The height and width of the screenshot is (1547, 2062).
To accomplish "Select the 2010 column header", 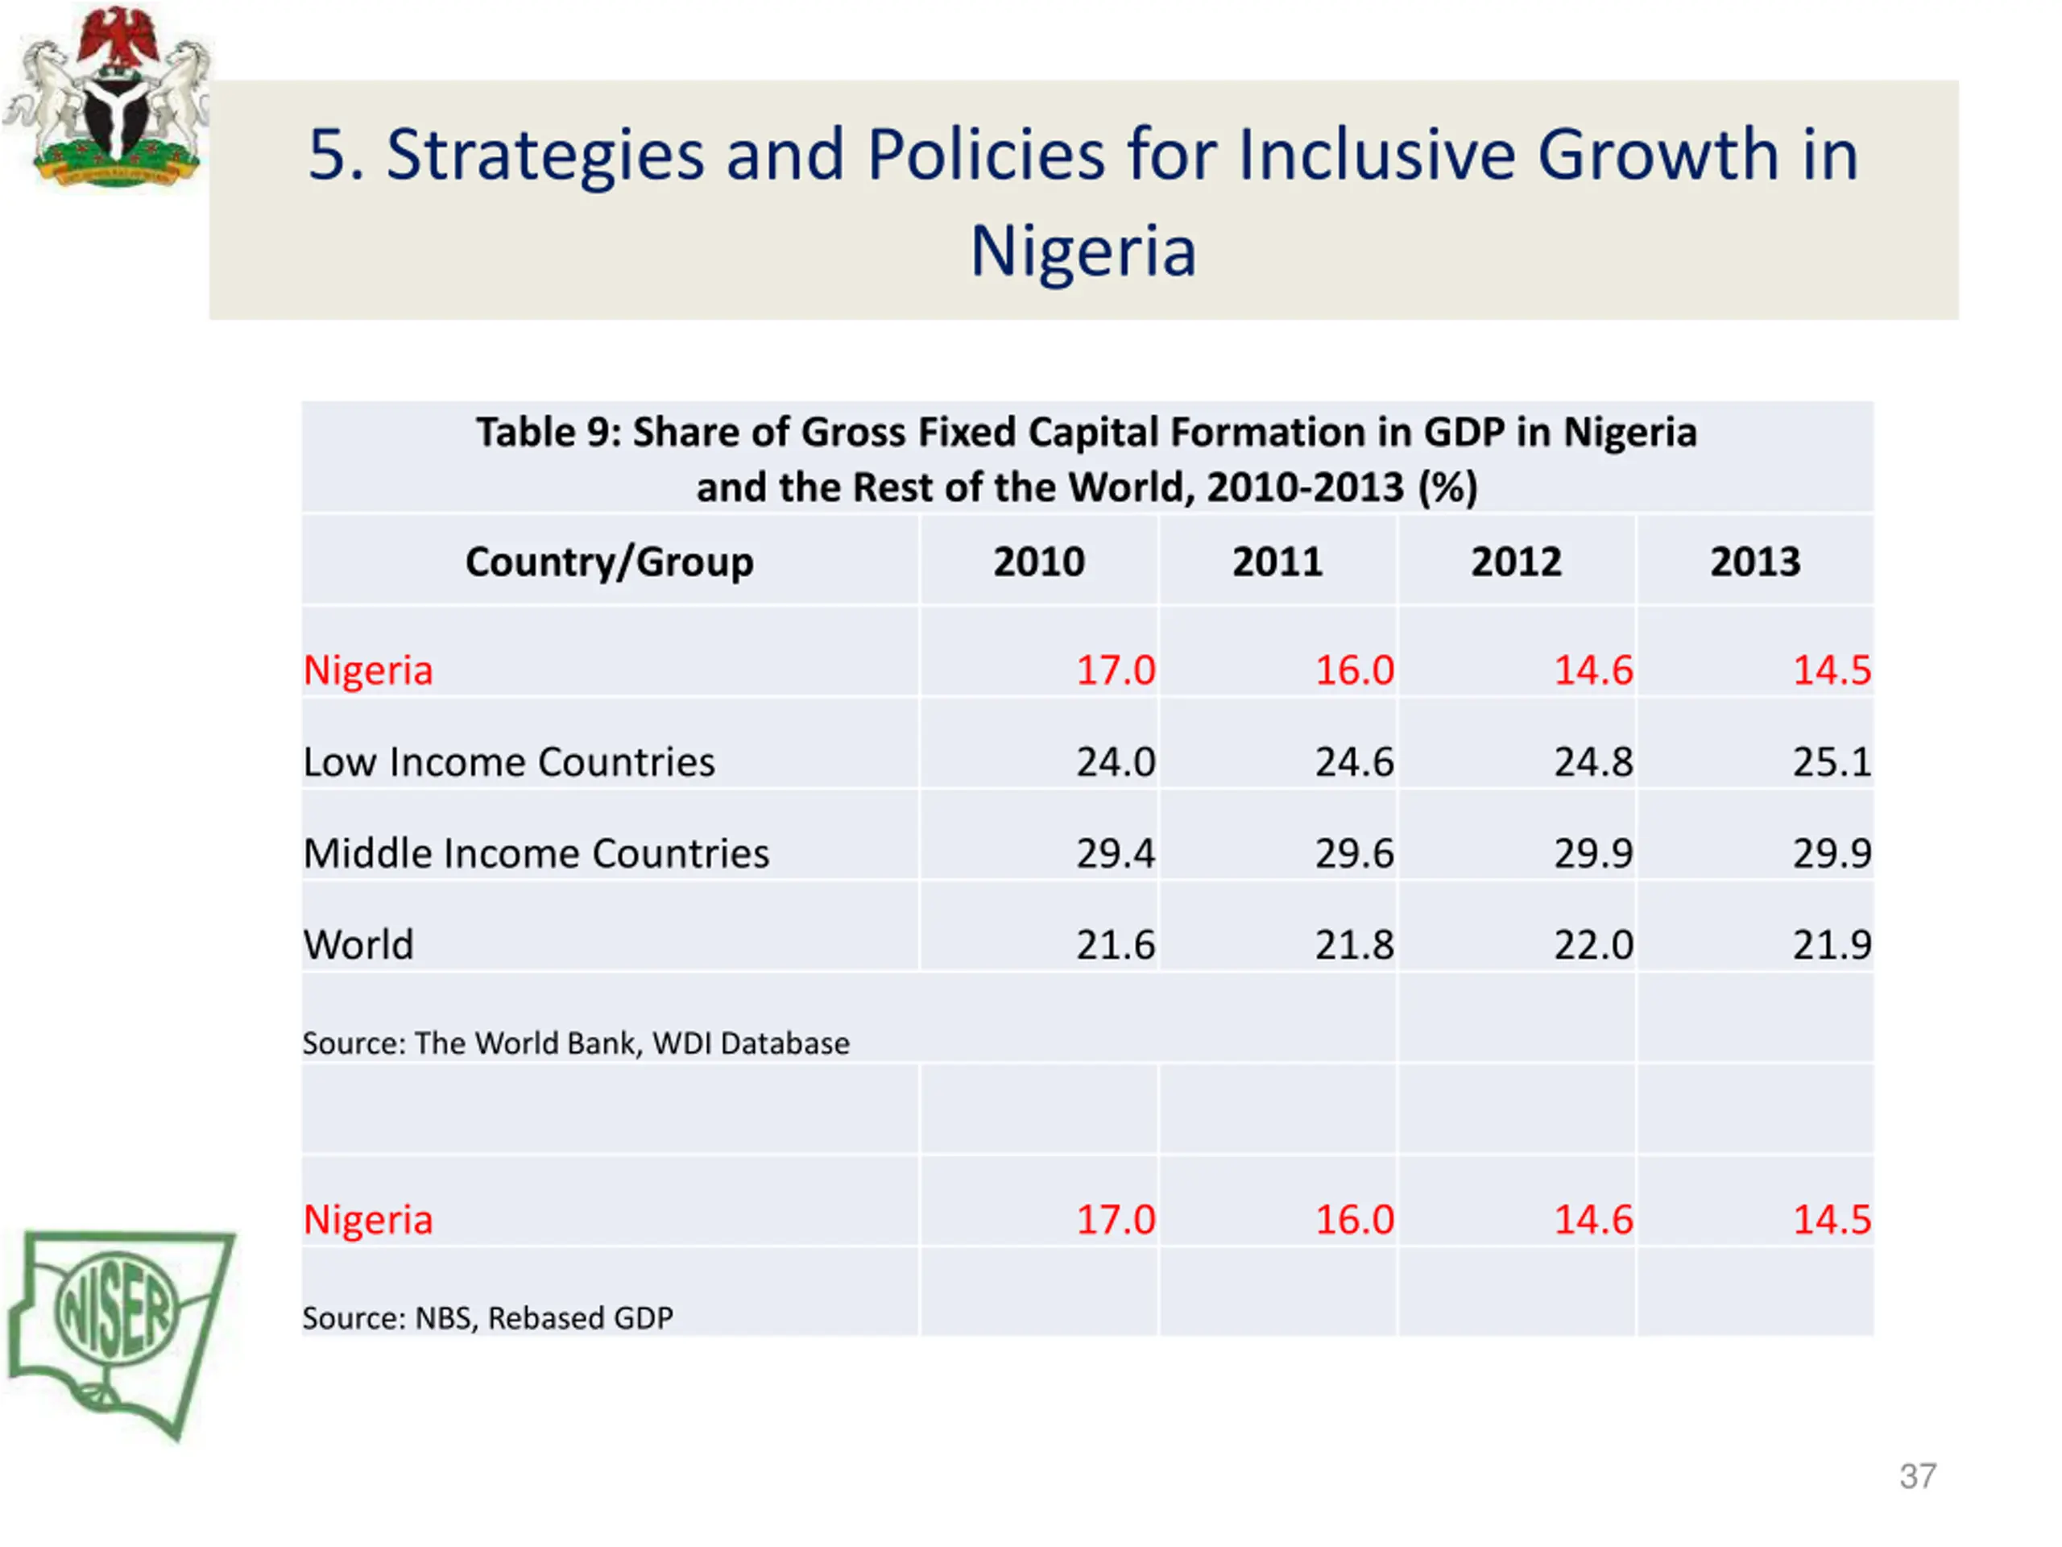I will click(1038, 562).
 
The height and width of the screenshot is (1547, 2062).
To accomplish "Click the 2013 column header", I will click(1754, 562).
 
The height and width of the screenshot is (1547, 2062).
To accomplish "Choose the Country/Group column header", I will click(609, 562).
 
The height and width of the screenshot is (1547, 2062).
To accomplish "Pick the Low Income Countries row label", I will click(509, 762).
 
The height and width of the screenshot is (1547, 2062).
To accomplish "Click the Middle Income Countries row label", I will click(536, 853).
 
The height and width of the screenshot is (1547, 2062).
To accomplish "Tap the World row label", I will click(358, 944).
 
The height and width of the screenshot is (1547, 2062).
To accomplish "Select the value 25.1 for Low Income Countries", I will click(1831, 762).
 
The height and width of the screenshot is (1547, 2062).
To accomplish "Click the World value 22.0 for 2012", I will click(1592, 944).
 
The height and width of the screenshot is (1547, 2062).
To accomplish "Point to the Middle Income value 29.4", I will click(1115, 853).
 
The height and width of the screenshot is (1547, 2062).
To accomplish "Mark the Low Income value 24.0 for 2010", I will click(1115, 762).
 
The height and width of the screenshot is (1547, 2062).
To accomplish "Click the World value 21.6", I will click(1115, 944).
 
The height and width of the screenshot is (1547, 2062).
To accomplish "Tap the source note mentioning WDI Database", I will click(575, 1043).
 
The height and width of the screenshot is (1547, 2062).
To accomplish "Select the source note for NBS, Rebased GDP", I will click(487, 1317).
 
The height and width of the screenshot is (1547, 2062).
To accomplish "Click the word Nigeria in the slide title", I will click(1083, 251).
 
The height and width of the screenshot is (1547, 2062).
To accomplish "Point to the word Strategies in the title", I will click(545, 154).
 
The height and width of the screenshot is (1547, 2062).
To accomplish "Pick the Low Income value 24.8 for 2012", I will click(1592, 762).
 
